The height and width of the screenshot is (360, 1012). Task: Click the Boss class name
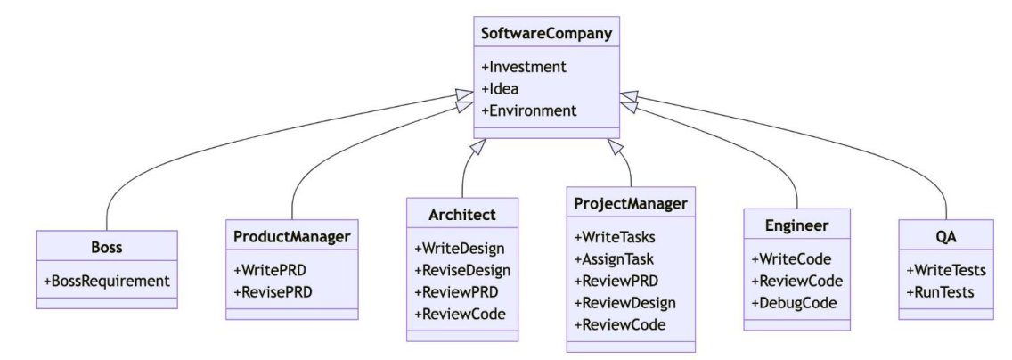[x=107, y=248]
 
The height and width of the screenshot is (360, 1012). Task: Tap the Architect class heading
[x=462, y=215]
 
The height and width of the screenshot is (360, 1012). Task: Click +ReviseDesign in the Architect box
[x=462, y=269]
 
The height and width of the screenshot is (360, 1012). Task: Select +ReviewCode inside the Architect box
[x=460, y=314]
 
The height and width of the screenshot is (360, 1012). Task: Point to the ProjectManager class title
[x=631, y=204]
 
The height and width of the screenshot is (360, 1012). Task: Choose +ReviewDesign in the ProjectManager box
[x=625, y=302]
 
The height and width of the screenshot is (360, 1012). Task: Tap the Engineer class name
[x=796, y=226]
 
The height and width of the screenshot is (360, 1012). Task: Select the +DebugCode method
[x=792, y=302]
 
